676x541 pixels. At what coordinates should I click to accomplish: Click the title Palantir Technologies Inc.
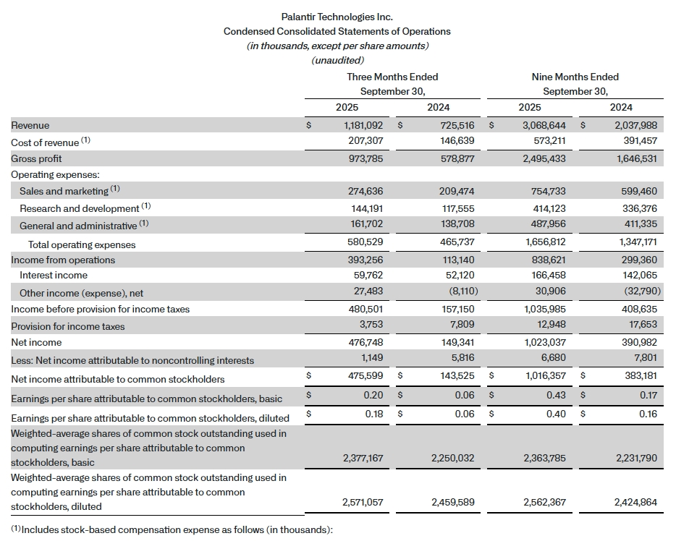[337, 17]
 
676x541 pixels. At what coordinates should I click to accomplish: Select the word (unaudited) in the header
[337, 60]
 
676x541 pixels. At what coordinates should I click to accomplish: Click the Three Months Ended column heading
[392, 77]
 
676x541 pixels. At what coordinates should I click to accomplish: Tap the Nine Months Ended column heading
[575, 77]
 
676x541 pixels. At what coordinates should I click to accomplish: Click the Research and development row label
[80, 208]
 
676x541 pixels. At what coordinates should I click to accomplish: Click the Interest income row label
[54, 275]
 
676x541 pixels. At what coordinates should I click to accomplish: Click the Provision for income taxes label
[68, 326]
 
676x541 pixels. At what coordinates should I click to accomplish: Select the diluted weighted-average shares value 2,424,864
[633, 501]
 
